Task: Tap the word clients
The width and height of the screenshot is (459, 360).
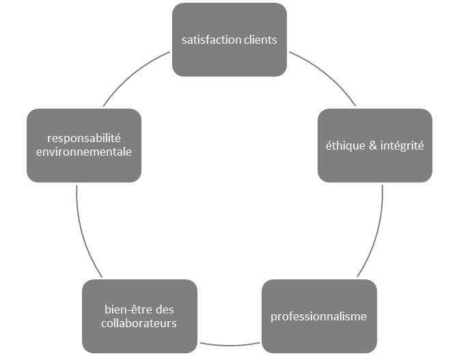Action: coord(260,40)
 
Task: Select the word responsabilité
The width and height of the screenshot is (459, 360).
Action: coord(83,138)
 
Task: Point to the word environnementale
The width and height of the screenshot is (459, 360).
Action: coord(83,152)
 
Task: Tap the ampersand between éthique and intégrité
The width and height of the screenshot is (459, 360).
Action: coord(372,146)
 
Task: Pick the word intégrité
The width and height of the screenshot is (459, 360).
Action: coord(401,146)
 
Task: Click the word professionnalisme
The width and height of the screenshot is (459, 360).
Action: coord(318,316)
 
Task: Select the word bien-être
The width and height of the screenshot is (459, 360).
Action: coord(125,309)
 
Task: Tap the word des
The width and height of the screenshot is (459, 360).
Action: coord(165,309)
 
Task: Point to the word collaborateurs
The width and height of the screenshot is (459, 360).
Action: coord(139,323)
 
